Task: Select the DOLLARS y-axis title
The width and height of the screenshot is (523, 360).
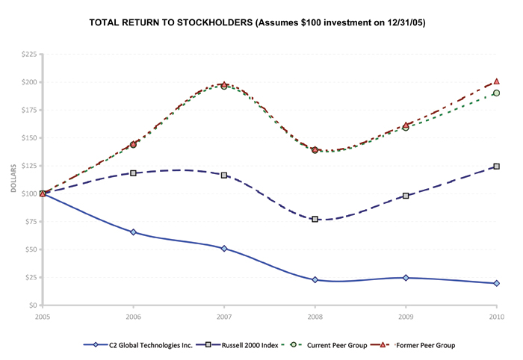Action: pos(13,180)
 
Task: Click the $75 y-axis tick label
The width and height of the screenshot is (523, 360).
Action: pos(30,222)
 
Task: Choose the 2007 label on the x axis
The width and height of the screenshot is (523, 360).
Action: pos(224,317)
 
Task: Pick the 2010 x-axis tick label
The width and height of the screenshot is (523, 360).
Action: pos(496,317)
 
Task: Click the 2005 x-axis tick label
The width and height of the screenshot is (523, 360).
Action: pos(43,317)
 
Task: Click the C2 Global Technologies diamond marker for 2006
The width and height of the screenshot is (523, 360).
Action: pos(133,232)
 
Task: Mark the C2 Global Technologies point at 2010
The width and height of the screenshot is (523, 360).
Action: pos(496,283)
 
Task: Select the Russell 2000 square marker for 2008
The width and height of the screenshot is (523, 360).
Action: pos(315,219)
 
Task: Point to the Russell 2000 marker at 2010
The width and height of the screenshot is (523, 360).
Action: pos(496,167)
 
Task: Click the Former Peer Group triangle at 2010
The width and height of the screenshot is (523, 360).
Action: pos(496,81)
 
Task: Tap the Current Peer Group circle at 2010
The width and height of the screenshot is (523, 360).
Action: pos(496,93)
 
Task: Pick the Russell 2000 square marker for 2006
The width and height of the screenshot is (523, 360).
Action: pos(133,173)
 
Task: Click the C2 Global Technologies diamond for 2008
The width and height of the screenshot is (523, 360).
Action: pos(315,279)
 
